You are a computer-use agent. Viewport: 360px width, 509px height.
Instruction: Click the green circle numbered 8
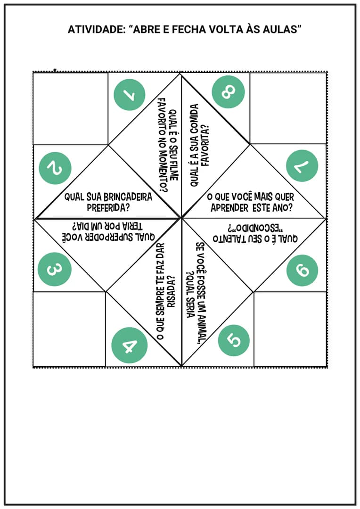click(228, 92)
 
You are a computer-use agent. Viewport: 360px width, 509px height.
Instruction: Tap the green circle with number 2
click(55, 168)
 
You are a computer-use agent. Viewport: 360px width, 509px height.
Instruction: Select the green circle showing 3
click(54, 269)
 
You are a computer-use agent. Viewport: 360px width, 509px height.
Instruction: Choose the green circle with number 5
click(234, 340)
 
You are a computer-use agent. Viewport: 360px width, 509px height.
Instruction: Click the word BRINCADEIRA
click(128, 197)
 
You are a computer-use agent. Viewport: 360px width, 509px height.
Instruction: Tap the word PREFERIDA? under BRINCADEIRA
click(108, 207)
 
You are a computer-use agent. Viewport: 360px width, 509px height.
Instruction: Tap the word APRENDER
click(230, 208)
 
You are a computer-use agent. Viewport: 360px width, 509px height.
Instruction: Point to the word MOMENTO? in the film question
click(163, 173)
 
